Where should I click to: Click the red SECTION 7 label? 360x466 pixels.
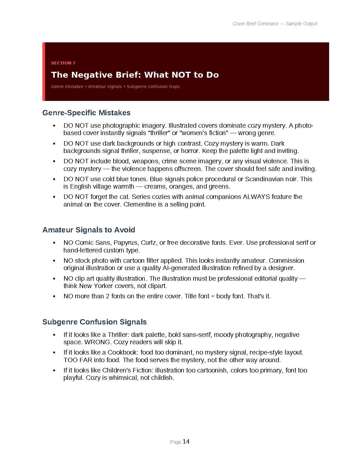[63, 63]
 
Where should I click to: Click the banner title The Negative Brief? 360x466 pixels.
[135, 75]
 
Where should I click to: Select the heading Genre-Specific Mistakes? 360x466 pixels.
[86, 113]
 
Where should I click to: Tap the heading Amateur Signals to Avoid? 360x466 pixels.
[89, 230]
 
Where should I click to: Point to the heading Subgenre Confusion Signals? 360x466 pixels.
[94, 322]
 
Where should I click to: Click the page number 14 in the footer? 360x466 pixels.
[186, 441]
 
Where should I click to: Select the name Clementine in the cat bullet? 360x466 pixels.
[139, 204]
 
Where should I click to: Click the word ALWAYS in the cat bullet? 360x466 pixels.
[256, 197]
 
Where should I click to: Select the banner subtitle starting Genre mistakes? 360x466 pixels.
[115, 86]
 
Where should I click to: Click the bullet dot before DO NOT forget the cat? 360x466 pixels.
[54, 197]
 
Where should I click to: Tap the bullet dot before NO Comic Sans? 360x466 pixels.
[54, 243]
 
